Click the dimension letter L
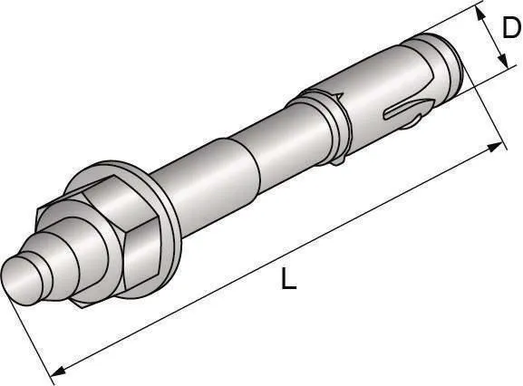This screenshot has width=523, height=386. point(288,280)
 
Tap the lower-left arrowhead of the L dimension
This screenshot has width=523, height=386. point(55,370)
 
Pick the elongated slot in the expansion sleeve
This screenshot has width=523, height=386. point(399,114)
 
